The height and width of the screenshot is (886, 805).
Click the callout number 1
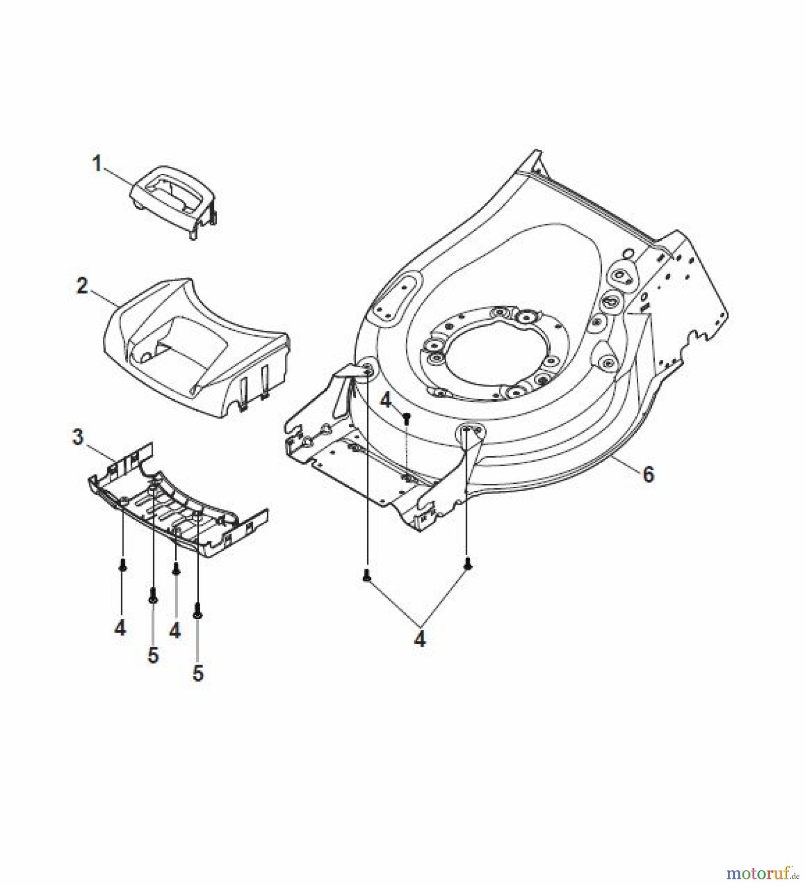point(97,164)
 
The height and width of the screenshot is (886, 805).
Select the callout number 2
point(82,285)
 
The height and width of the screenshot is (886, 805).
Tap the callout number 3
point(78,437)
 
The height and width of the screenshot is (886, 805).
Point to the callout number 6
point(649,475)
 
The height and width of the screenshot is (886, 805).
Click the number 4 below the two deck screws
point(420,639)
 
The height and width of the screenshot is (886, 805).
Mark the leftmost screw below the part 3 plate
point(123,567)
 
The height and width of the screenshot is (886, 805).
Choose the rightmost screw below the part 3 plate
point(198,610)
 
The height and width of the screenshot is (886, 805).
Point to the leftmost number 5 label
point(153,656)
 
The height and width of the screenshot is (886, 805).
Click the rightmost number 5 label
point(198,674)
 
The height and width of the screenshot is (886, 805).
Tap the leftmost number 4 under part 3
point(120,628)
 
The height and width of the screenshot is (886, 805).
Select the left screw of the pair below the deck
point(366,574)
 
